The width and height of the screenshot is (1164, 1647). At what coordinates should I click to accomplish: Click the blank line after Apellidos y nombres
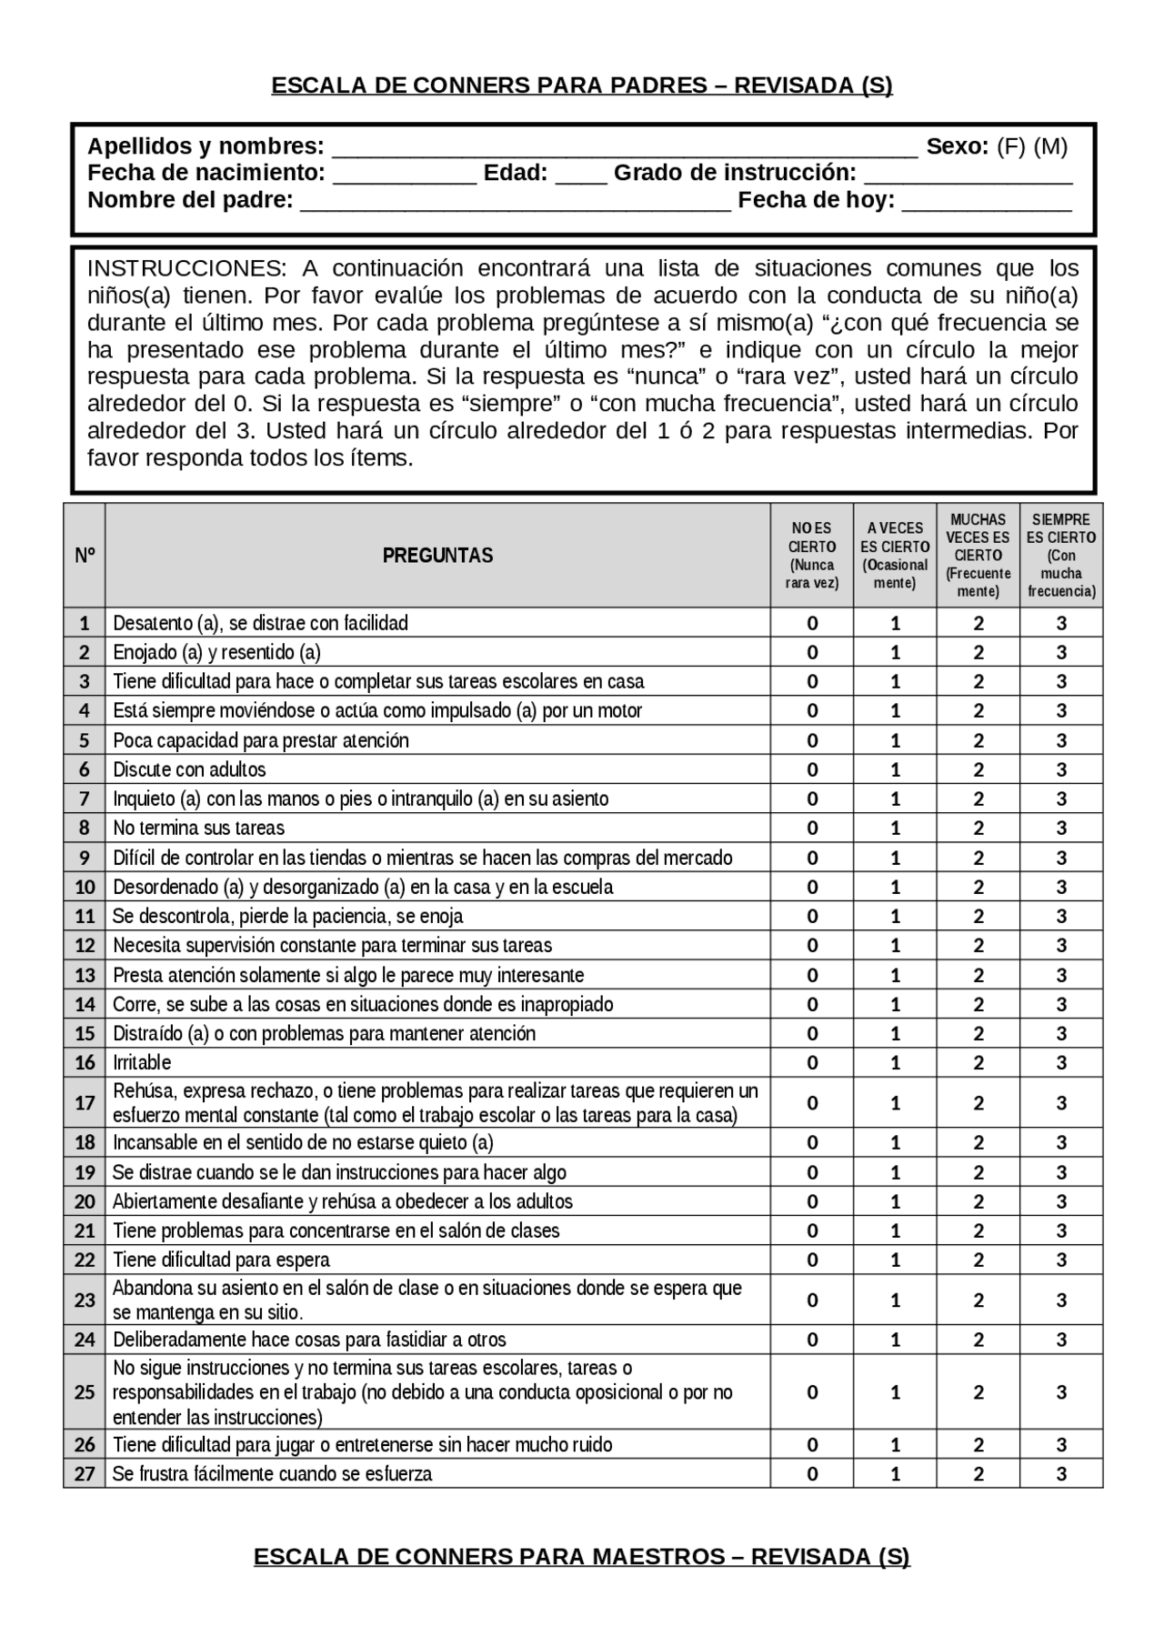625,151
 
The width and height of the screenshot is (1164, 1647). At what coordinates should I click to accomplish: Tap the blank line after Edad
580,177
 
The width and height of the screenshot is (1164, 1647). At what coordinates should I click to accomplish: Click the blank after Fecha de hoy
986,205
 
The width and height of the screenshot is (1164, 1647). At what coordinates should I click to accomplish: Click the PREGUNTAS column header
437,556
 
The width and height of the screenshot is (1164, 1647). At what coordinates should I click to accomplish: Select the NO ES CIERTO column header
812,556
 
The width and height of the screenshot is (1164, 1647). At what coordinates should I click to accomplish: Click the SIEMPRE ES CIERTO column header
1061,556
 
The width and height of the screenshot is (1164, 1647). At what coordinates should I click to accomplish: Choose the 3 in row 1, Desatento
1061,623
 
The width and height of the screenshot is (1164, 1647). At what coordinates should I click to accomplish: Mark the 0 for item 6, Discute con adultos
812,769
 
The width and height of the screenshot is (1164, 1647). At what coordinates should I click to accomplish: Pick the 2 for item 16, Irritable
978,1062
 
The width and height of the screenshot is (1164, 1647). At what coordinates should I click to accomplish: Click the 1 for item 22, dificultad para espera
895,1260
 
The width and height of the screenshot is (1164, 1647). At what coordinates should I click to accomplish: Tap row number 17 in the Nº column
85,1103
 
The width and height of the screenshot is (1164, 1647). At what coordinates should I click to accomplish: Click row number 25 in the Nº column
85,1392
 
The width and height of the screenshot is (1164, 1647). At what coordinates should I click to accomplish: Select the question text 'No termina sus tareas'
198,828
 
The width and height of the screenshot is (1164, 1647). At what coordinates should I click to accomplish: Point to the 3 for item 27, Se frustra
1061,1474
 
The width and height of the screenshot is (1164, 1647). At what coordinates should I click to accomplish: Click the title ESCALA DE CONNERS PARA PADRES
582,85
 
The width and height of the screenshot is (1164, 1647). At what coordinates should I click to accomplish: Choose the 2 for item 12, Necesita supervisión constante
978,946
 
